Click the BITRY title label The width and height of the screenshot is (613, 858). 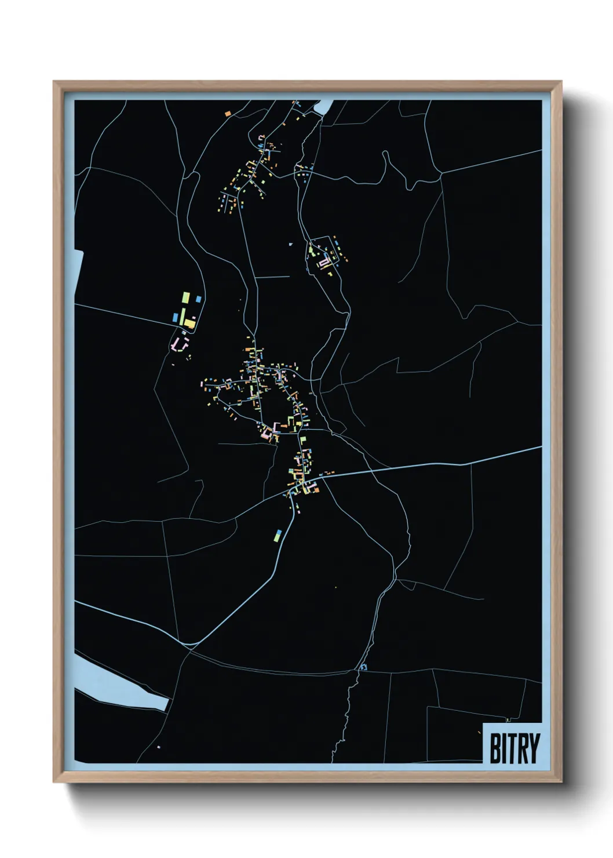(x=513, y=747)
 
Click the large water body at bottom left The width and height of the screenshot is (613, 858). (x=116, y=684)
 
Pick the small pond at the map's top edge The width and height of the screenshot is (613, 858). (x=323, y=107)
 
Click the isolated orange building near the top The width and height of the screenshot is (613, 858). (x=228, y=114)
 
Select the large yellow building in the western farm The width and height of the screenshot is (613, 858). (x=189, y=323)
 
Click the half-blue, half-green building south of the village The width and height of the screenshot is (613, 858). (x=278, y=535)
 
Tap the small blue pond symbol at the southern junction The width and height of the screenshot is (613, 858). (x=363, y=667)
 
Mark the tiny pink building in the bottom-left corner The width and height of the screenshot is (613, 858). (x=158, y=747)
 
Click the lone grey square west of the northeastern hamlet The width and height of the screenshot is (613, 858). (x=291, y=244)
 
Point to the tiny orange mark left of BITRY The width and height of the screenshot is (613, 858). (x=479, y=733)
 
